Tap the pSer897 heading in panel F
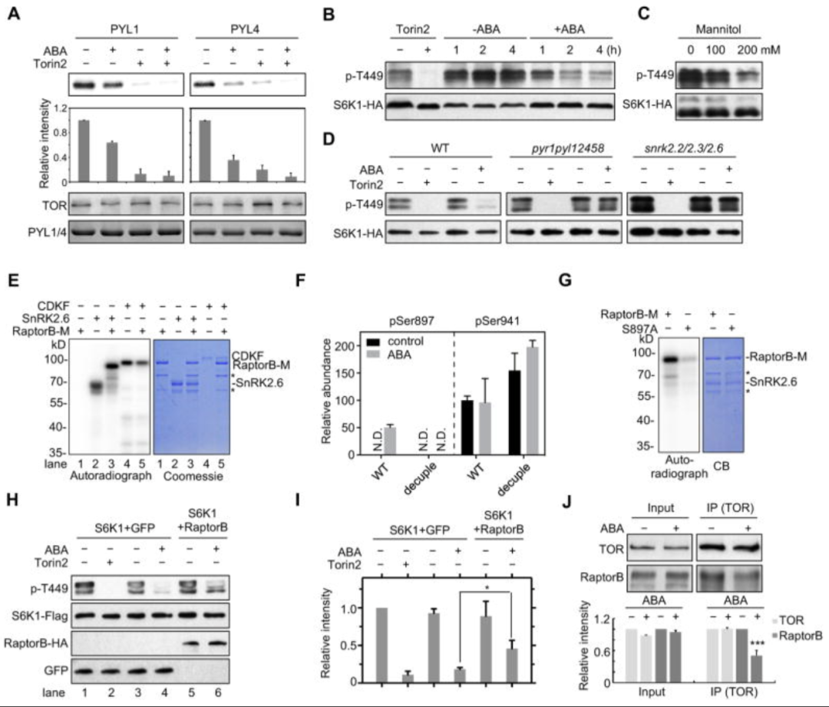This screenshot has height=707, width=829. pos(405,315)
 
